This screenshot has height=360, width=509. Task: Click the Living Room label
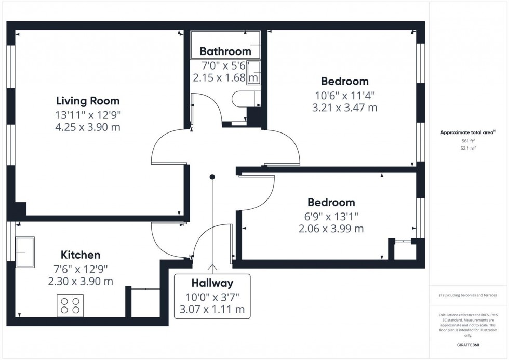tap(88, 101)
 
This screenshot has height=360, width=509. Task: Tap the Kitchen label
tap(81, 255)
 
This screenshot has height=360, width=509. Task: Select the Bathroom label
tap(225, 51)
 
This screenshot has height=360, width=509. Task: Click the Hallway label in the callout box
tap(212, 283)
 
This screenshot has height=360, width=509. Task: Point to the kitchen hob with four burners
tap(70, 305)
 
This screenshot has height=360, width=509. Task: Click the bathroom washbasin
tap(253, 72)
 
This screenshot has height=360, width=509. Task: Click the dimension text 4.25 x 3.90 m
tap(88, 127)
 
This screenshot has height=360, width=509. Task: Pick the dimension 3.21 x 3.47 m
tap(344, 108)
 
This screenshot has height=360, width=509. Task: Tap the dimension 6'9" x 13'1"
tap(331, 216)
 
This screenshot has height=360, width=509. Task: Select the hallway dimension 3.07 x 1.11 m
tap(212, 310)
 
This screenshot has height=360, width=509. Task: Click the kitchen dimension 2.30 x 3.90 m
tap(81, 281)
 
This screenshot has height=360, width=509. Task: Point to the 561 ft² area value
tap(468, 141)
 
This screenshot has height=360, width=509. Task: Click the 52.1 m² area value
tap(468, 148)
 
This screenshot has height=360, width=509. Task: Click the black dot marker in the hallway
tap(212, 177)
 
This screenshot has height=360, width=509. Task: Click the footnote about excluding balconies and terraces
tap(468, 295)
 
